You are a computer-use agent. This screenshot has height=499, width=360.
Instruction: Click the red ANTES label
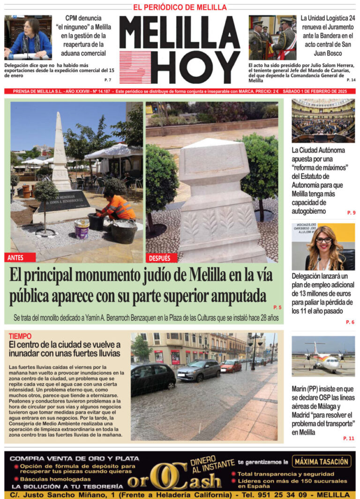click(x=15, y=258)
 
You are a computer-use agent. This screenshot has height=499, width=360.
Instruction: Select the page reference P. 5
click(x=277, y=307)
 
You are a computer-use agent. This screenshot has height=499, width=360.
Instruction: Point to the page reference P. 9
click(x=351, y=213)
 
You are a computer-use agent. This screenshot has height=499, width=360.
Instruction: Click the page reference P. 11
click(x=349, y=438)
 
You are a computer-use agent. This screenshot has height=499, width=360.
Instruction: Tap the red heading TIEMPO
click(x=20, y=336)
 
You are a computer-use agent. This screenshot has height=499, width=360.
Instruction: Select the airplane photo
click(x=323, y=357)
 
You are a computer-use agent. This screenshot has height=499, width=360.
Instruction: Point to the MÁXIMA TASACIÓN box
click(x=322, y=462)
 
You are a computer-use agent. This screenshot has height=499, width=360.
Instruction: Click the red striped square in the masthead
click(x=135, y=67)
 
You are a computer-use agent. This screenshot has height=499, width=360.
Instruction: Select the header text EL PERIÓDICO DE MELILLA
click(x=180, y=7)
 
